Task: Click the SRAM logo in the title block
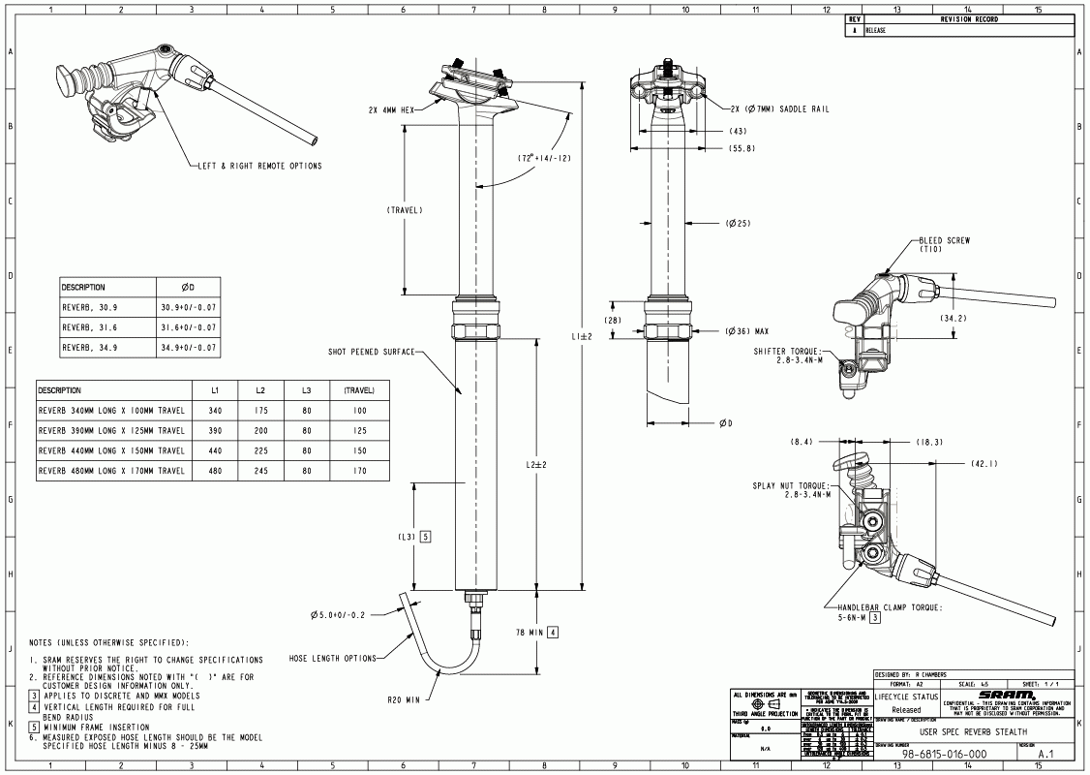point(1007,694)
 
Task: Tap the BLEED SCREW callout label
point(945,241)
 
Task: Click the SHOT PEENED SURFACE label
point(370,352)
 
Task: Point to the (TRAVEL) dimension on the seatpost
point(404,210)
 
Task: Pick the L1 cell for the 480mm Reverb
point(215,471)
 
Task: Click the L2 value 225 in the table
point(260,450)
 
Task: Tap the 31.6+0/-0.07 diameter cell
point(189,326)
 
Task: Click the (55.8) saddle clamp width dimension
point(742,148)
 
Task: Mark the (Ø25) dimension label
point(738,225)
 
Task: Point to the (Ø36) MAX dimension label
point(747,331)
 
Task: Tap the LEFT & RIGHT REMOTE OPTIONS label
point(259,166)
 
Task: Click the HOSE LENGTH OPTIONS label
point(333,659)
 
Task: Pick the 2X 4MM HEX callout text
point(391,109)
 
